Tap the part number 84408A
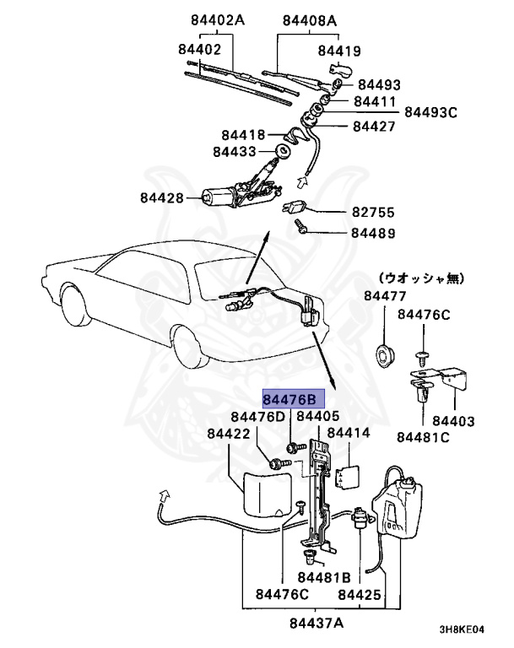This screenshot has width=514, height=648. point(309,19)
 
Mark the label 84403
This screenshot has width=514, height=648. point(453,419)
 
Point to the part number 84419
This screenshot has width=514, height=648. point(339,51)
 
